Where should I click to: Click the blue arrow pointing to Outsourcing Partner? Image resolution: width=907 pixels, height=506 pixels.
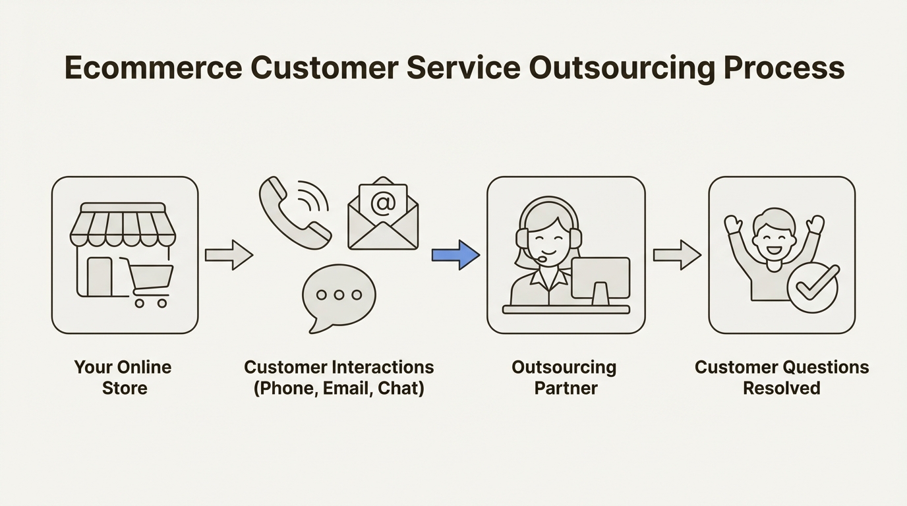click(x=455, y=255)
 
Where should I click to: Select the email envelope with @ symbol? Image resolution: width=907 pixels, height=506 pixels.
click(x=383, y=215)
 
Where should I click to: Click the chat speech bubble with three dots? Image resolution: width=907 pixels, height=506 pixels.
click(x=338, y=296)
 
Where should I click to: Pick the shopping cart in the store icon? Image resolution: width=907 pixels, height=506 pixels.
click(x=149, y=281)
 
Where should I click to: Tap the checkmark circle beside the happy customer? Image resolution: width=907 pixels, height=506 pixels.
click(x=813, y=288)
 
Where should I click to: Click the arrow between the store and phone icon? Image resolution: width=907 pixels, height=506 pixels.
click(x=229, y=255)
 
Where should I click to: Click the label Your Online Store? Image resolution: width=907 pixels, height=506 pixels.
click(x=123, y=377)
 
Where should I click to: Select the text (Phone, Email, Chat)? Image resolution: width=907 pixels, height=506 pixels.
click(x=339, y=388)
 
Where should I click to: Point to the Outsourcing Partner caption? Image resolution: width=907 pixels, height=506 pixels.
click(x=564, y=377)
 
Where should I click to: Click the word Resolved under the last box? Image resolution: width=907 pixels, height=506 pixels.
click(x=781, y=388)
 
